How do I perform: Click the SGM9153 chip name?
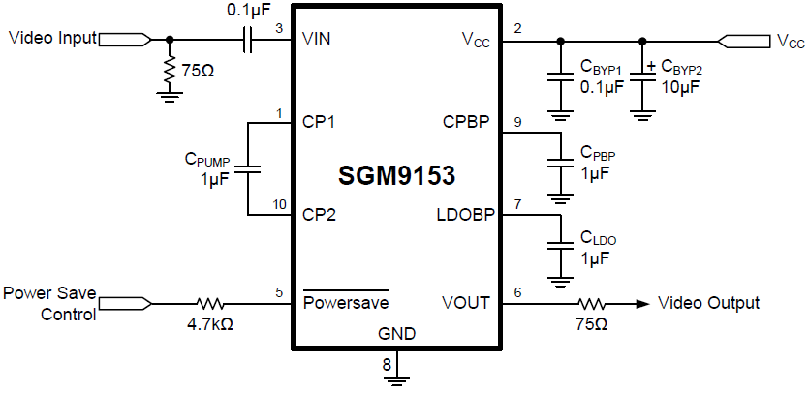click(x=396, y=177)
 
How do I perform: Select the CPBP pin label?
click(x=466, y=123)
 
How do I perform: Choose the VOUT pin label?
click(x=466, y=303)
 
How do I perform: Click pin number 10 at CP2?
click(x=279, y=205)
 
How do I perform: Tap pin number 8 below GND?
click(x=387, y=365)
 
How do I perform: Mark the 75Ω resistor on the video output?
click(x=592, y=303)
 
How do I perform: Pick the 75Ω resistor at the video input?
click(x=171, y=71)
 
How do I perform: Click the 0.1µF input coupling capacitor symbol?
click(x=247, y=40)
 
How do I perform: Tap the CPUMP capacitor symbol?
click(x=248, y=169)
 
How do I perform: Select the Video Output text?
click(x=708, y=303)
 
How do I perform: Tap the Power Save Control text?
click(x=48, y=303)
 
